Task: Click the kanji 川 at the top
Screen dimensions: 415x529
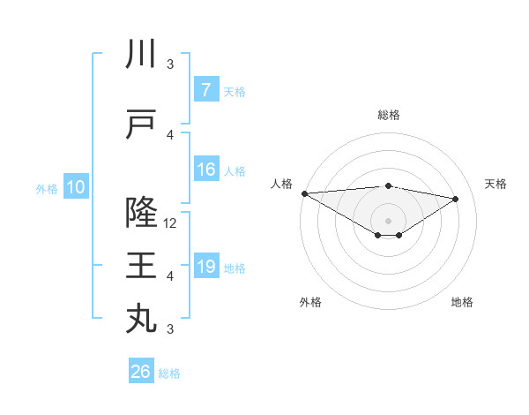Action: pyautogui.click(x=141, y=56)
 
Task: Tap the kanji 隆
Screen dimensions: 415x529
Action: pyautogui.click(x=141, y=212)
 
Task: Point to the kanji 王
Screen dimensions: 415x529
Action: pyautogui.click(x=141, y=265)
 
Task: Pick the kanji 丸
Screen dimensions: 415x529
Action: pyautogui.click(x=141, y=318)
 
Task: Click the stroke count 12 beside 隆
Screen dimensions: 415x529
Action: pyautogui.click(x=171, y=223)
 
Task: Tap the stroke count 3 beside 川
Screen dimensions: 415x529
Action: pyautogui.click(x=170, y=64)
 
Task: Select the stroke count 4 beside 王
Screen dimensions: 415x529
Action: pyautogui.click(x=170, y=276)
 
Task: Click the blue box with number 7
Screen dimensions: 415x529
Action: pyautogui.click(x=205, y=89)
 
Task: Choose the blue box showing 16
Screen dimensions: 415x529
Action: pyautogui.click(x=205, y=170)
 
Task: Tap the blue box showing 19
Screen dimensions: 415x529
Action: pyautogui.click(x=205, y=267)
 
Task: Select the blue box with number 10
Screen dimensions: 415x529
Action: pyautogui.click(x=76, y=187)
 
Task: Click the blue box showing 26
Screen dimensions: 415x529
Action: pyautogui.click(x=140, y=372)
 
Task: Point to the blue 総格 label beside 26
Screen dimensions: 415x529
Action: pyautogui.click(x=169, y=373)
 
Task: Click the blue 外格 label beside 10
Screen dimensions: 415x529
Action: pyautogui.click(x=46, y=188)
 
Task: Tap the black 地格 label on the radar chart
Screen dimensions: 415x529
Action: pyautogui.click(x=462, y=302)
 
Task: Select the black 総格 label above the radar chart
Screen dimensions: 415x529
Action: pyautogui.click(x=388, y=115)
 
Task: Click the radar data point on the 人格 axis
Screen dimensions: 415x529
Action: pyautogui.click(x=304, y=193)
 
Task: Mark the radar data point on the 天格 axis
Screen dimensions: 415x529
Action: pyautogui.click(x=456, y=199)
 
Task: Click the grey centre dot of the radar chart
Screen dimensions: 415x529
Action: pyautogui.click(x=388, y=219)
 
